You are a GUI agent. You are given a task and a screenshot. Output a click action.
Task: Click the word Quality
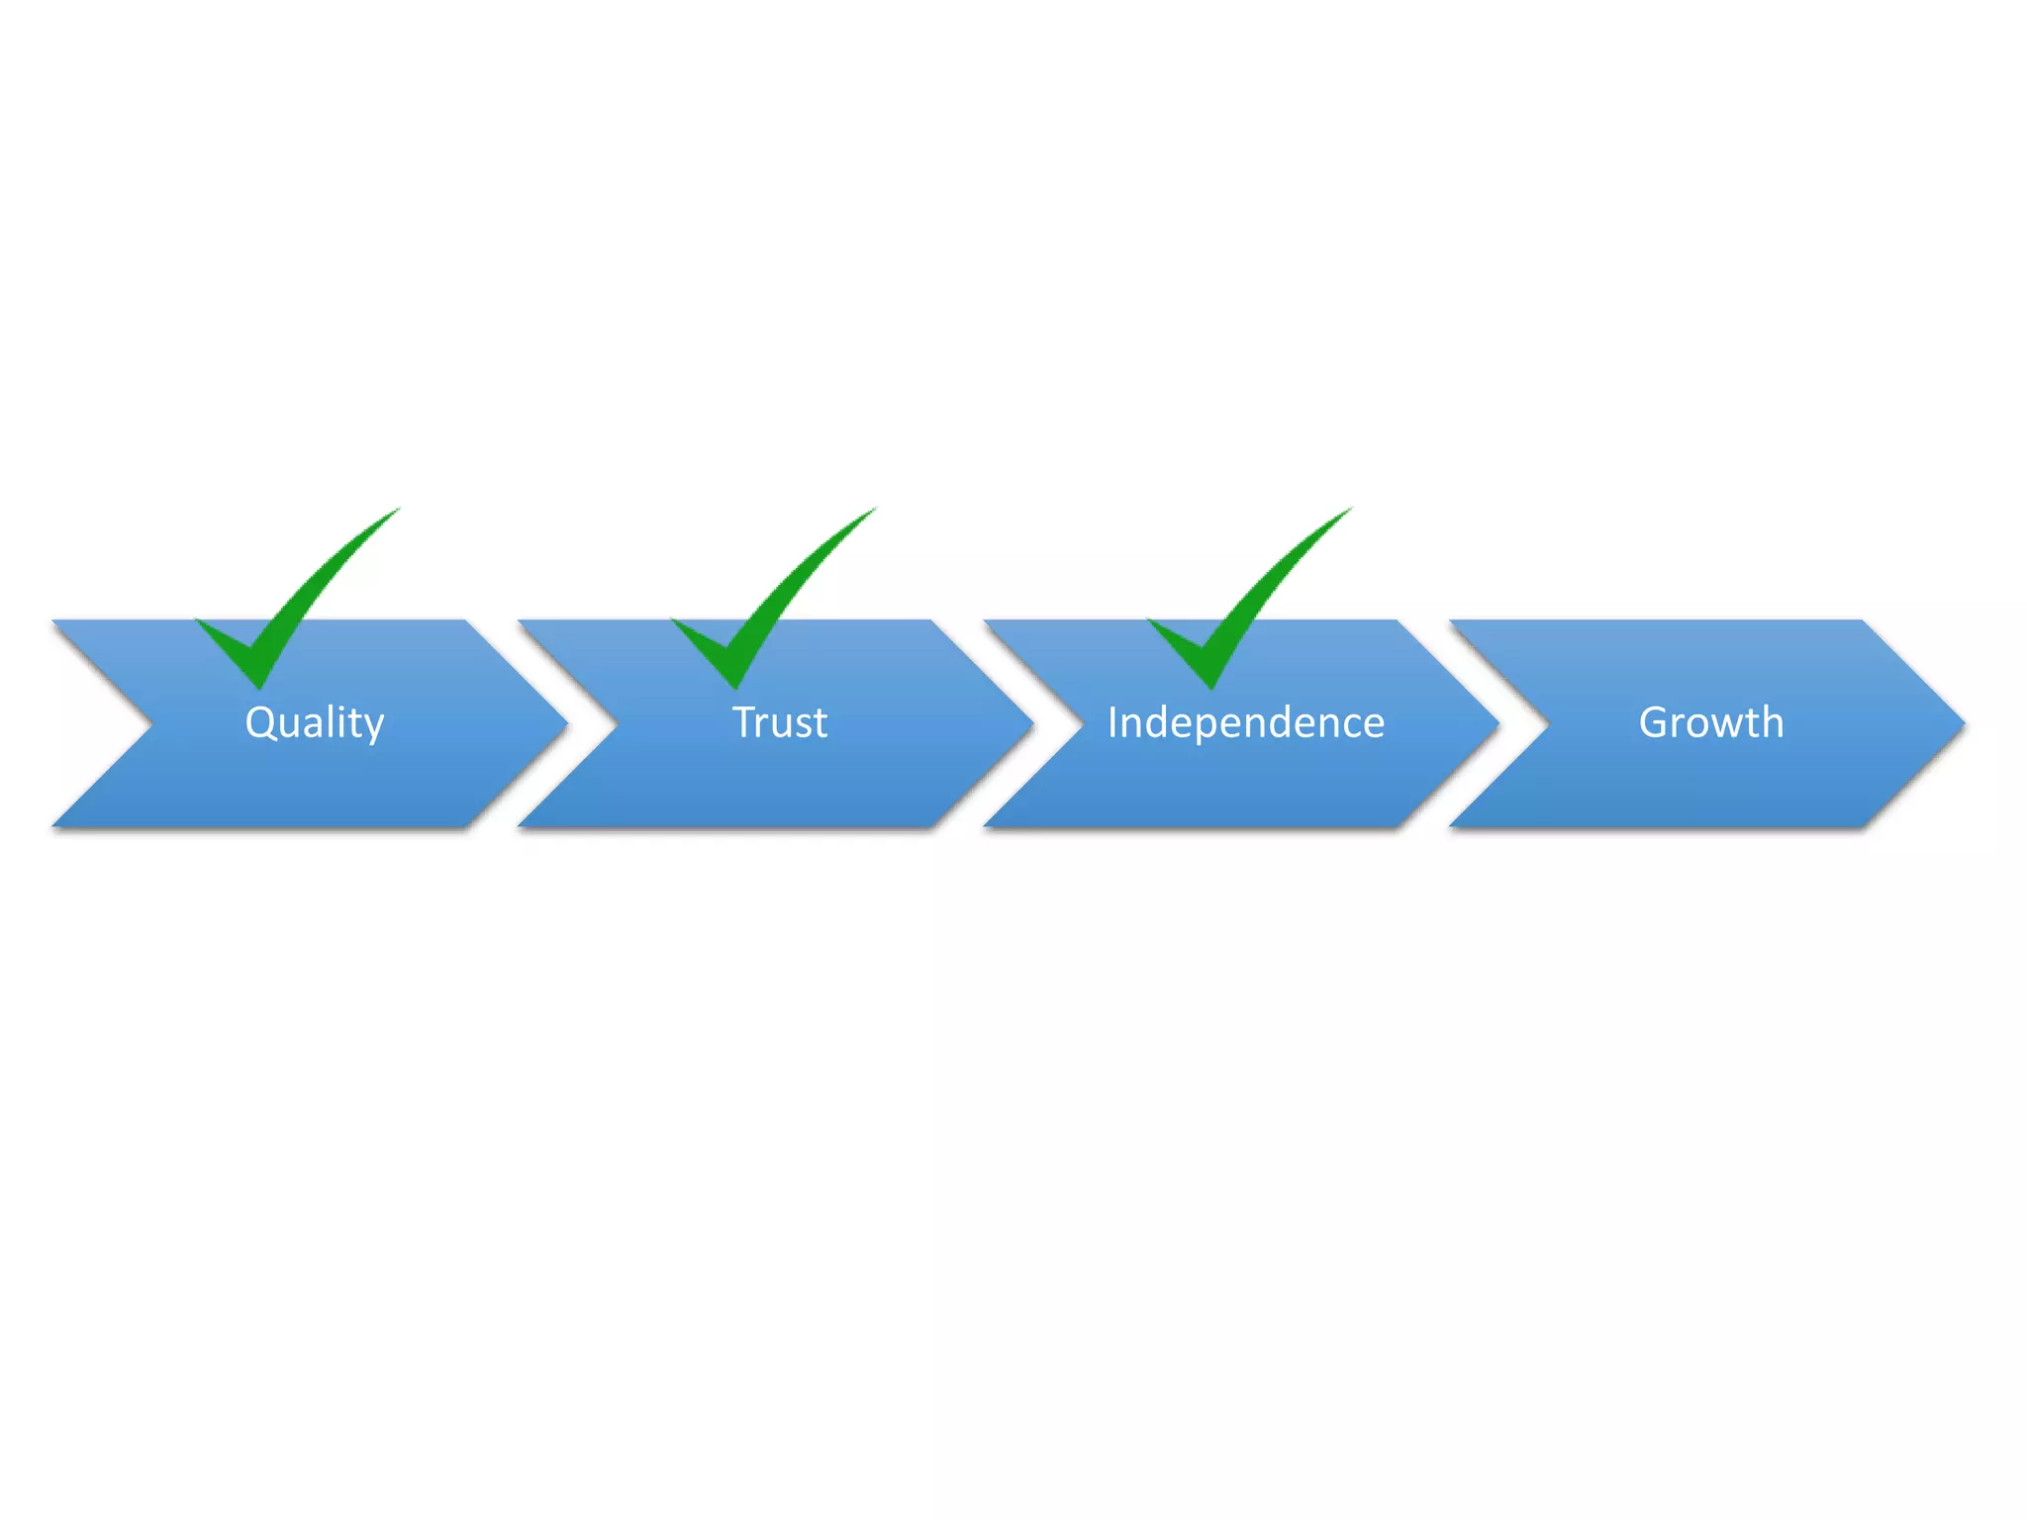[x=315, y=723]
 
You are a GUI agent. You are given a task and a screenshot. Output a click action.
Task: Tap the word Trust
[x=780, y=723]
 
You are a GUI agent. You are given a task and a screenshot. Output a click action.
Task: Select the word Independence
[x=1246, y=723]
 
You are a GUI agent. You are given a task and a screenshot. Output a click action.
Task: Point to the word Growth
[x=1711, y=723]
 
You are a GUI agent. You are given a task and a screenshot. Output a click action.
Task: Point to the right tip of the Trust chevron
[x=1031, y=724]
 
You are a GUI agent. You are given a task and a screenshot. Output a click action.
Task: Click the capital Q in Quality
[x=260, y=722]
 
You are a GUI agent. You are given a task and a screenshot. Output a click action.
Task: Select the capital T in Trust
[x=743, y=722]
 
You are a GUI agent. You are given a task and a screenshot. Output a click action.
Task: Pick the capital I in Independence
[x=1112, y=722]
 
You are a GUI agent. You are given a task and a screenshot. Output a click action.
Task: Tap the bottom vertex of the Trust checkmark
[x=734, y=686]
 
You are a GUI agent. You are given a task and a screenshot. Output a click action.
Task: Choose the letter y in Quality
[x=374, y=728]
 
